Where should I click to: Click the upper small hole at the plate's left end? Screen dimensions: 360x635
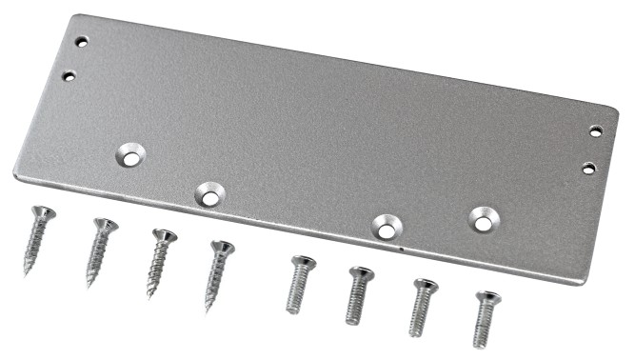coord(82,42)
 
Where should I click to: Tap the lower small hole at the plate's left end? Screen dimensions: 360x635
coord(69,75)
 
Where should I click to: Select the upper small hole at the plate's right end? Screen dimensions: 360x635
coord(596,131)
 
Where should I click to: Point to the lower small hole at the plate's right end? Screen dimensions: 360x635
coord(588,168)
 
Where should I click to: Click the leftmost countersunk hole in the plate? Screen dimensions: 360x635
coord(132,155)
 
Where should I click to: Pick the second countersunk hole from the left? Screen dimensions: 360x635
coord(208,195)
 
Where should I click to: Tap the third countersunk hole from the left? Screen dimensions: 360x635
coord(386,227)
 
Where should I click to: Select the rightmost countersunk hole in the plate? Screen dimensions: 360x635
coord(484,221)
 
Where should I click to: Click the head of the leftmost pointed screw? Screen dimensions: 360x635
coord(43,213)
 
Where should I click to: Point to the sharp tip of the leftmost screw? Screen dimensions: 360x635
coord(27,273)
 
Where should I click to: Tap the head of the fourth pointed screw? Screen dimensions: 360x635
coord(222,248)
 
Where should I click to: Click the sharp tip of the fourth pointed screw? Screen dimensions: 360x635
coord(207,310)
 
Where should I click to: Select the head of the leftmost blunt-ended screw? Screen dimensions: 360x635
coord(303,260)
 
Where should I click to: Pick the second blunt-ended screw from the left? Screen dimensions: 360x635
coord(357,295)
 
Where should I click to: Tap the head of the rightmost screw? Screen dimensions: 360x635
coord(487,297)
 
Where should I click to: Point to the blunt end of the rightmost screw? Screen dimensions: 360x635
coord(479,345)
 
